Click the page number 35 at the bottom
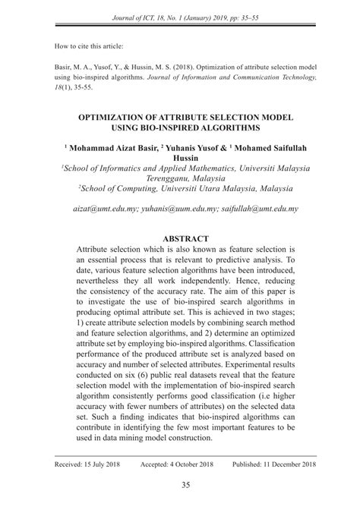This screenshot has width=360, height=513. (x=180, y=486)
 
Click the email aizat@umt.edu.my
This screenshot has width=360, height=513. (x=103, y=207)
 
